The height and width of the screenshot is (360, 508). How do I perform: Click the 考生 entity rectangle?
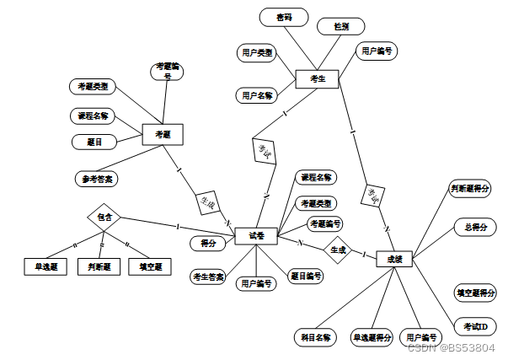click(x=317, y=79)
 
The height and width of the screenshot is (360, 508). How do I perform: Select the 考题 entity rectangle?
click(x=162, y=133)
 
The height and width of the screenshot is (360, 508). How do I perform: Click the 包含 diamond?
click(x=104, y=217)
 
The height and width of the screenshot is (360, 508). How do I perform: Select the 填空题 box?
click(x=150, y=267)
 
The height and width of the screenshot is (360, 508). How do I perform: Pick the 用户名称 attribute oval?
click(x=257, y=95)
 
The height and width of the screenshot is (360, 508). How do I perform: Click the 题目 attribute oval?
click(x=94, y=142)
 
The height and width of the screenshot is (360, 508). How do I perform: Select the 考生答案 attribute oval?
click(x=208, y=277)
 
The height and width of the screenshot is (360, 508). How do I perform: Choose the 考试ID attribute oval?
click(x=475, y=326)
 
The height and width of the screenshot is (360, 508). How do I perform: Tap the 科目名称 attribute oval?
click(x=316, y=337)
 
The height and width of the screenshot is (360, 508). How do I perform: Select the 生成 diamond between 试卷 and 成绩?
click(x=338, y=250)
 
